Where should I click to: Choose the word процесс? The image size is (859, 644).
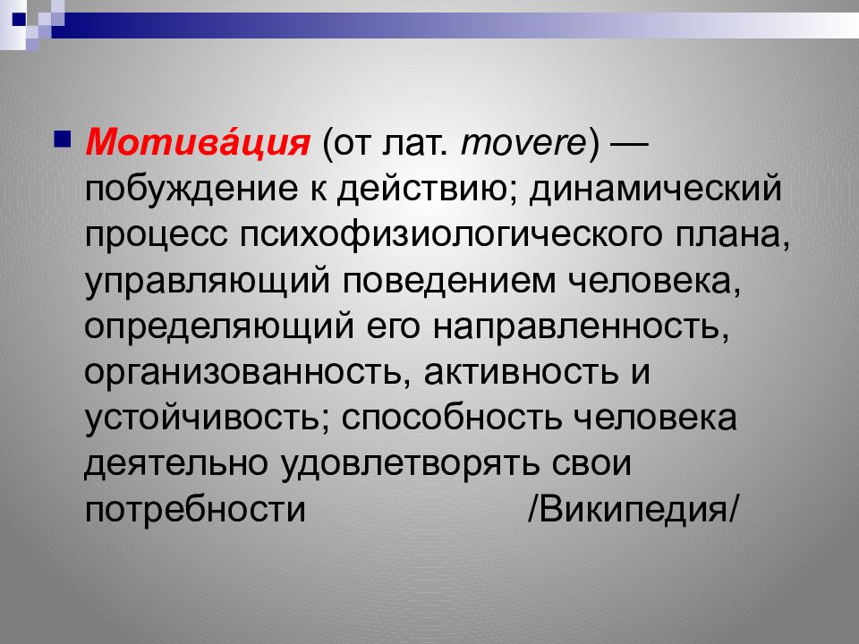pyautogui.click(x=155, y=236)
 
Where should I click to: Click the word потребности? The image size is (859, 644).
pyautogui.click(x=196, y=511)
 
